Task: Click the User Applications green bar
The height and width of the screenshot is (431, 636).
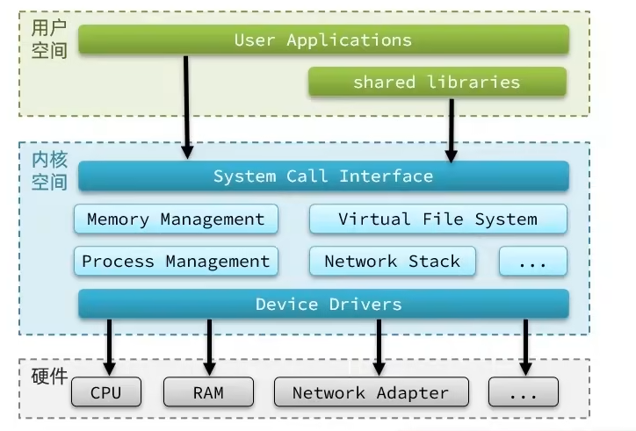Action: pos(323,40)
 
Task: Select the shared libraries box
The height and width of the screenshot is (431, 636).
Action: pos(437,83)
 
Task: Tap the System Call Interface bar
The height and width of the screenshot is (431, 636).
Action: pos(323,176)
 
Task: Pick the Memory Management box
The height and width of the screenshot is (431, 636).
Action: pos(176,219)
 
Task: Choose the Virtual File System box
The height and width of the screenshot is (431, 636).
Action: pos(437,219)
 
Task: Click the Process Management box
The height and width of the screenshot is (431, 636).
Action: pos(176,262)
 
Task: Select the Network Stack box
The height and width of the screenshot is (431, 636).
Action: pos(392,262)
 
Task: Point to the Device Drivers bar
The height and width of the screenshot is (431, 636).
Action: pos(323,305)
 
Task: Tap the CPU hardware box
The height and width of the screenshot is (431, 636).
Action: pos(106,392)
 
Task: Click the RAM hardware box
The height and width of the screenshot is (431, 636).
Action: pos(208,392)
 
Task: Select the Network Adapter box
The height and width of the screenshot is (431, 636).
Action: pos(370,392)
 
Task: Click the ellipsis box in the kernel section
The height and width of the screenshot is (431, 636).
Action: pos(532,262)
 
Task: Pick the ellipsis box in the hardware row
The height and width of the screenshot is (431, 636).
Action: pos(523,392)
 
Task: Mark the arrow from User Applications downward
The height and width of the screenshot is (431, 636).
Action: pos(187,105)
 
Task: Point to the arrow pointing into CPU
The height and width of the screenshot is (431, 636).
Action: pos(109,347)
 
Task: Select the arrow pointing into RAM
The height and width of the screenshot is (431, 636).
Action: pos(210,347)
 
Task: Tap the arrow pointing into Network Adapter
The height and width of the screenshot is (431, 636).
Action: pos(379,347)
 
